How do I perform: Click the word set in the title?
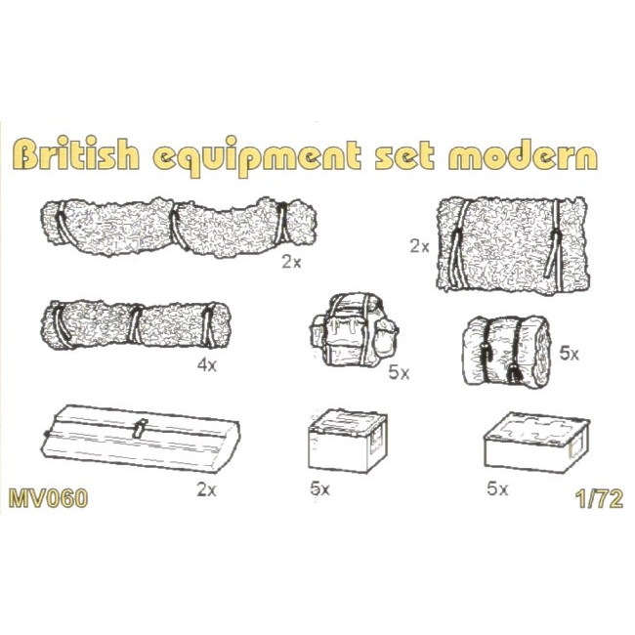404,156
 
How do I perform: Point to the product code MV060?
48,498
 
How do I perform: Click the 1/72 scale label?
599,499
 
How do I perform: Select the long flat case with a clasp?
142,439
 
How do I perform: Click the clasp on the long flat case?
140,429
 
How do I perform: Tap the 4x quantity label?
206,365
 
